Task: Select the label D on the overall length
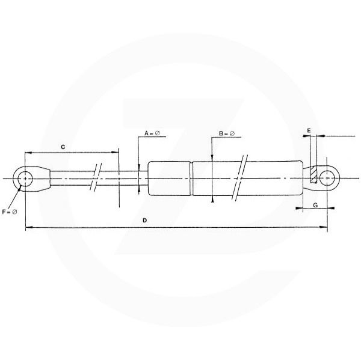point(145,221)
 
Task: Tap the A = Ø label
point(151,133)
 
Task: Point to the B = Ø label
point(226,133)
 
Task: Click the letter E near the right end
point(309,130)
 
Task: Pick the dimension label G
point(314,206)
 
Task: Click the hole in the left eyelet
point(25,178)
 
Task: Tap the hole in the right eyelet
point(327,178)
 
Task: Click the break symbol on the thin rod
point(96,178)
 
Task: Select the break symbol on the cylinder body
point(241,178)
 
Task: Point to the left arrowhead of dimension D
point(28,227)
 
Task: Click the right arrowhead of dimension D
point(324,227)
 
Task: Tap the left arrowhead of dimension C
point(28,153)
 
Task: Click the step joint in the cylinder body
point(193,178)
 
